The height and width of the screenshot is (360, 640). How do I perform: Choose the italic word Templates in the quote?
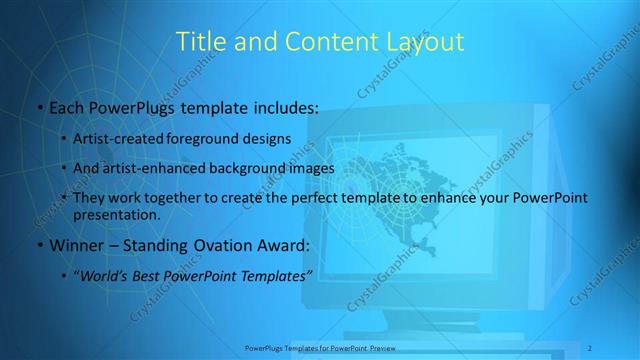273,276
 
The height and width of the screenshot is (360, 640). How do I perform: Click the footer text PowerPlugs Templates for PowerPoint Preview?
320,348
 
